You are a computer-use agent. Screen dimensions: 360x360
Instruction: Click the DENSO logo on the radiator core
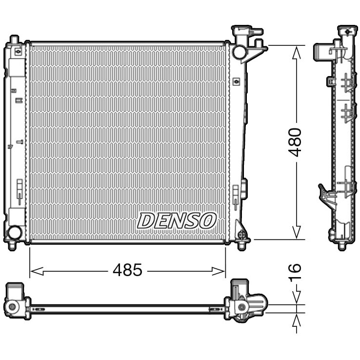click(176, 220)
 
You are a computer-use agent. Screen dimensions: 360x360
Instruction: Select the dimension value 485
click(127, 270)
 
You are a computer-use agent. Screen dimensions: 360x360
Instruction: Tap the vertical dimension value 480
click(295, 141)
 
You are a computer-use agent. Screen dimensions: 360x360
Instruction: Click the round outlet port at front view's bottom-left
click(15, 232)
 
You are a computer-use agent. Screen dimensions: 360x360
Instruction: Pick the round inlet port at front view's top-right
click(239, 51)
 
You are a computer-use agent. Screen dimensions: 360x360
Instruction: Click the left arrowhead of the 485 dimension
click(34, 270)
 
